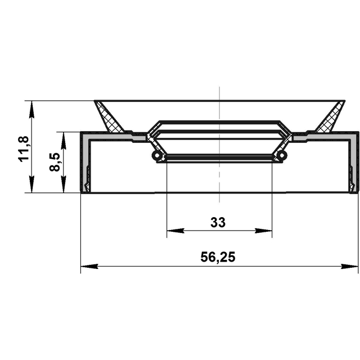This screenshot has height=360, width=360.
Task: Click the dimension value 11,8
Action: tap(24, 149)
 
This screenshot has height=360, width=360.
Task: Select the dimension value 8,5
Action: tap(55, 162)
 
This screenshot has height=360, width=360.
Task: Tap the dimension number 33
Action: tap(218, 222)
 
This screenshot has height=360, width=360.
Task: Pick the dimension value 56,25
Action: tap(218, 257)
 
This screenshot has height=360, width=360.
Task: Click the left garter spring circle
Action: tap(156, 156)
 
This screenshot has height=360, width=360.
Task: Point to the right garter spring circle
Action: tap(282, 155)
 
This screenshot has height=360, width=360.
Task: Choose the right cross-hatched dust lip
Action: tap(331, 117)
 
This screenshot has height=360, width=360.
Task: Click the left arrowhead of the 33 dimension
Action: tap(175, 231)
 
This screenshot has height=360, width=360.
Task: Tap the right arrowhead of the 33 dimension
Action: tap(263, 231)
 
